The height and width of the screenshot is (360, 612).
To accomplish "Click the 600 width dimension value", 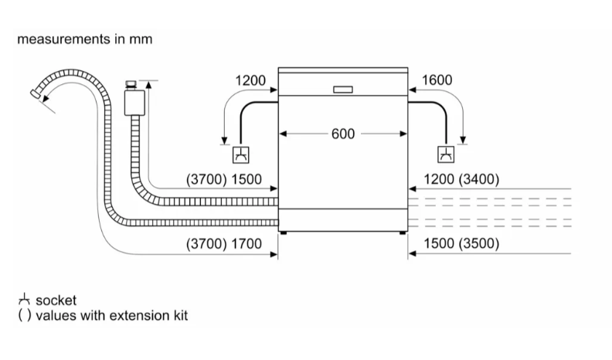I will [342, 134].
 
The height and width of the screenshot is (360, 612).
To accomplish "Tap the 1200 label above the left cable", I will [250, 80].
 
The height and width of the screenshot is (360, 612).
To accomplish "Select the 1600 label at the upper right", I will [437, 80].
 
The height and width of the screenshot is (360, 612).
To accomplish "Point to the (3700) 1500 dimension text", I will [225, 179].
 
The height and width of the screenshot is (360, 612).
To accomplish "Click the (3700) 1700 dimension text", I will [225, 243].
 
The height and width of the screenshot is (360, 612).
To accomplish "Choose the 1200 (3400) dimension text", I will [462, 179].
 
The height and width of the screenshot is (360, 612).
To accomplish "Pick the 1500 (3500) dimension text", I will [462, 243].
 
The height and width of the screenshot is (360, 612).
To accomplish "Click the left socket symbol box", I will [241, 155].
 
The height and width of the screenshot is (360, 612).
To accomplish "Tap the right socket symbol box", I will [445, 155].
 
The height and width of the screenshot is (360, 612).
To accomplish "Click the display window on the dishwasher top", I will [342, 89].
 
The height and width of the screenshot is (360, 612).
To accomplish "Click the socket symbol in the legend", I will [25, 300].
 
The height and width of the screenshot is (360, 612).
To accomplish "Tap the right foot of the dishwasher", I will [402, 231].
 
